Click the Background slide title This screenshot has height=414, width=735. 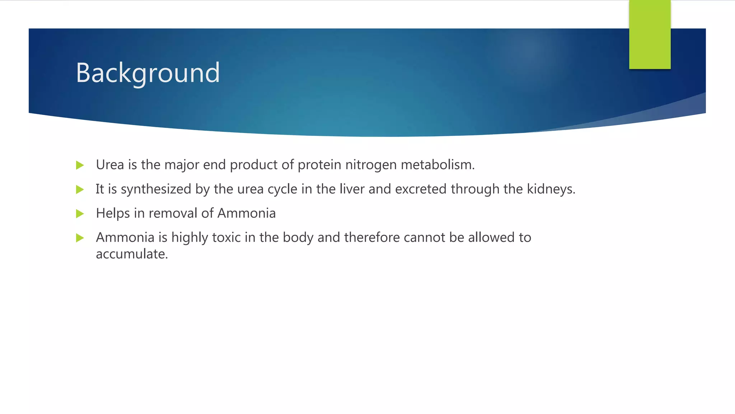click(x=148, y=73)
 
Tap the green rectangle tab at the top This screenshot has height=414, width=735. click(x=650, y=34)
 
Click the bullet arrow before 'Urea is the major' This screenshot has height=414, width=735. click(x=80, y=165)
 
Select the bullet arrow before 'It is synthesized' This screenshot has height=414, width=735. click(x=80, y=189)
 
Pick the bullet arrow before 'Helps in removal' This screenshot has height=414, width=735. click(x=80, y=214)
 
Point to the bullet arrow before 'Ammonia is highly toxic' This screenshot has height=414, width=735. click(x=80, y=238)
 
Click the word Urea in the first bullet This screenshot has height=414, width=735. click(x=110, y=165)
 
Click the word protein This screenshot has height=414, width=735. click(x=319, y=165)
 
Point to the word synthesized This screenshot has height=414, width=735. click(x=156, y=189)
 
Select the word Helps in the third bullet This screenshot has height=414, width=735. click(x=113, y=213)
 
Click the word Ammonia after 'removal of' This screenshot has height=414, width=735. click(x=247, y=213)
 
